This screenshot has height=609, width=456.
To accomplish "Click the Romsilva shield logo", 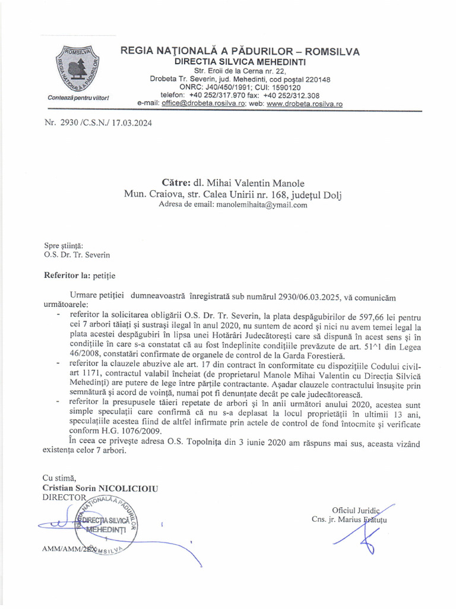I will (x=78, y=68).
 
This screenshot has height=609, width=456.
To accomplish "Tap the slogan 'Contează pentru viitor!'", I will (x=78, y=97).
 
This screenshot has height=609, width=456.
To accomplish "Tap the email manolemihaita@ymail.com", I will (x=262, y=205).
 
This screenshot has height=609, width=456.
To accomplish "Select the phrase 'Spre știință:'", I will (x=64, y=245).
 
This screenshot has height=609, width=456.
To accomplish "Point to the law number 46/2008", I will (x=66, y=347).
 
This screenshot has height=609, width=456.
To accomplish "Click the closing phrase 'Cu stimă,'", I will (x=59, y=478).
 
